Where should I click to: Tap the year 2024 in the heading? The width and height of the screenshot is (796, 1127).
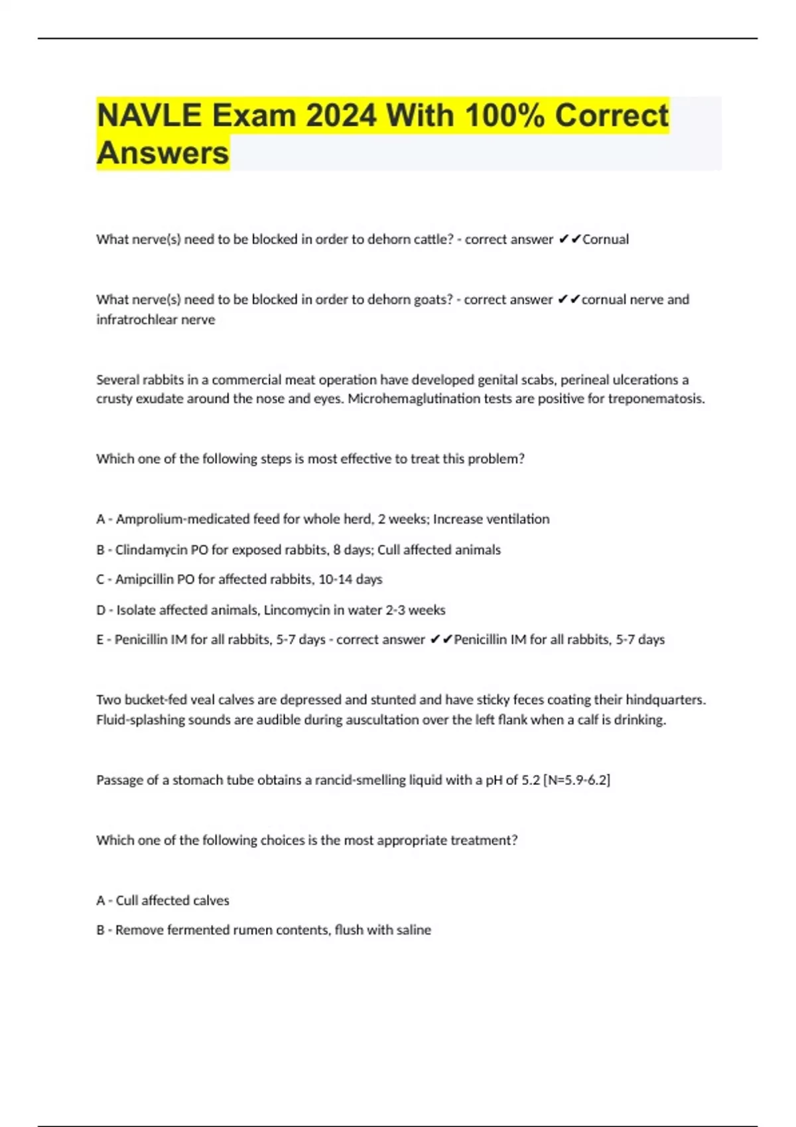[x=341, y=115]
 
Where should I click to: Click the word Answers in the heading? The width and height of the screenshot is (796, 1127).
[x=163, y=153]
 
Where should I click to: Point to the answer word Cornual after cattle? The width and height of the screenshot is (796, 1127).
[x=605, y=239]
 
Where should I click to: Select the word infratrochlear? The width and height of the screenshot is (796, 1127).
[x=138, y=320]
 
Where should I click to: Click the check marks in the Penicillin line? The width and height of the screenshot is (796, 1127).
[x=441, y=640]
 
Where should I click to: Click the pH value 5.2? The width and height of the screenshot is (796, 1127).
[x=531, y=780]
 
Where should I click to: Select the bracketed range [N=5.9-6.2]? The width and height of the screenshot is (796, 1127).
[x=576, y=780]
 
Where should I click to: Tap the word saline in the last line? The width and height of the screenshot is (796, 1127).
[x=414, y=930]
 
